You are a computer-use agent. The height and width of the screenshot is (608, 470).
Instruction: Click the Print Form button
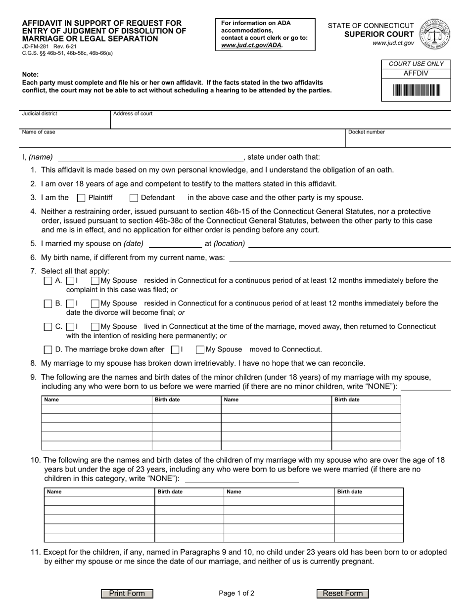[127, 594]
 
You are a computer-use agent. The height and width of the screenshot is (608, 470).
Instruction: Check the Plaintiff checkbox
[82, 198]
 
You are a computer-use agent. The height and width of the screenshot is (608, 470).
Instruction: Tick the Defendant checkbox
[134, 198]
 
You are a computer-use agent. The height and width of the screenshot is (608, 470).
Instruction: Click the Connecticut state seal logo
[434, 34]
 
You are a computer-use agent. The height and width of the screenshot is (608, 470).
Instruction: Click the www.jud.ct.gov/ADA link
[252, 45]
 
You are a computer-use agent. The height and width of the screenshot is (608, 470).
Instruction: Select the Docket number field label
[366, 132]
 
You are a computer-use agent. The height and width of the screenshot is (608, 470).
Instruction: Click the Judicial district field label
[40, 114]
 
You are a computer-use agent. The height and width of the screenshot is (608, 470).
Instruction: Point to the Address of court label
[133, 114]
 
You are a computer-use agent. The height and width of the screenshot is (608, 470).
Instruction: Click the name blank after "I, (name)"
[150, 158]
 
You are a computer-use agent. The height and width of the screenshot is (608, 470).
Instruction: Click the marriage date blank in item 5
[175, 244]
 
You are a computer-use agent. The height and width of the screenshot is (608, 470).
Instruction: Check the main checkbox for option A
[48, 281]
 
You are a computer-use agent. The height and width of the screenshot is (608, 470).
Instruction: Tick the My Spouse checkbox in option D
[200, 350]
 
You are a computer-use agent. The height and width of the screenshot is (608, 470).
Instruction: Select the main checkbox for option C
[48, 327]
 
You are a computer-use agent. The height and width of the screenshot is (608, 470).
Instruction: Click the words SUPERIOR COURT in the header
[379, 34]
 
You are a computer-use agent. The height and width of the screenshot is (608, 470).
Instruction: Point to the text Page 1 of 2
[236, 594]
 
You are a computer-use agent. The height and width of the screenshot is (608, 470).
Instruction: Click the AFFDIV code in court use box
[416, 73]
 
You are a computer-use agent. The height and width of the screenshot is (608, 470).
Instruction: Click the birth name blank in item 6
[340, 258]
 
